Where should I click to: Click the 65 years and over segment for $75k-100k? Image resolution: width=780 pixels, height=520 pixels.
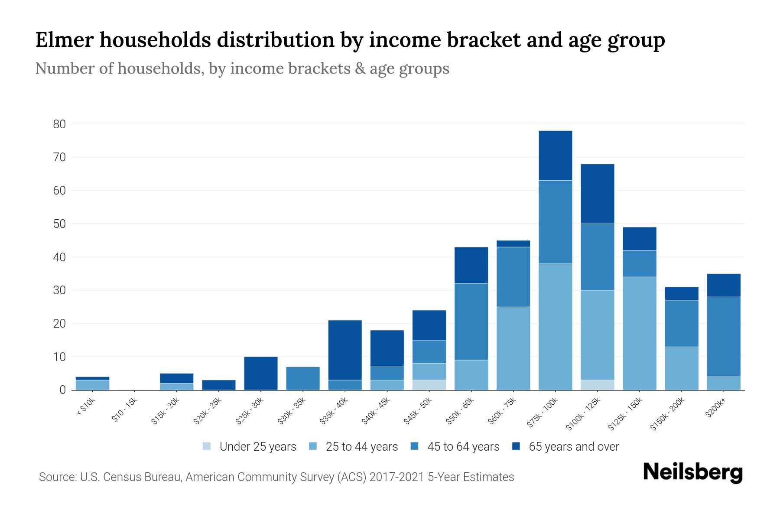(x=555, y=156)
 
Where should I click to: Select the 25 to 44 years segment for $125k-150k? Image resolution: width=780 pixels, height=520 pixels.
(x=639, y=333)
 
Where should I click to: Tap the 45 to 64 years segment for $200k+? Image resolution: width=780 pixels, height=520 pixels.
(x=723, y=337)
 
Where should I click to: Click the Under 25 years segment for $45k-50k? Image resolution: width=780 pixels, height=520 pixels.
(x=429, y=385)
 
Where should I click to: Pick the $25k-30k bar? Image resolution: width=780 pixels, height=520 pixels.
(x=261, y=373)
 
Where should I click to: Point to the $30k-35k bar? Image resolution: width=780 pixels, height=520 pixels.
(x=303, y=378)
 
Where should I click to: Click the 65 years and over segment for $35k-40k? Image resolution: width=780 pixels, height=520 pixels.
(x=345, y=350)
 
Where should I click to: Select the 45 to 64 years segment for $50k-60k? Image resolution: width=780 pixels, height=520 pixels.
(x=471, y=322)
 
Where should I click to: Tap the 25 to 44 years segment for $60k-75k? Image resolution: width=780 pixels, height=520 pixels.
(x=513, y=348)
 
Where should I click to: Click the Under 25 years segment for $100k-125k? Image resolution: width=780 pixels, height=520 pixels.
(x=597, y=385)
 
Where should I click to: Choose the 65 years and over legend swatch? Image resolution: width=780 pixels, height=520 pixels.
(x=516, y=446)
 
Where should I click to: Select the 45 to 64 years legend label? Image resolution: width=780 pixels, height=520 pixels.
(x=463, y=447)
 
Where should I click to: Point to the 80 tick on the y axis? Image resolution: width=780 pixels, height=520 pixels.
(x=59, y=124)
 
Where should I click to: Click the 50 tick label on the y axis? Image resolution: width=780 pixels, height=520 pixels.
(x=59, y=224)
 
